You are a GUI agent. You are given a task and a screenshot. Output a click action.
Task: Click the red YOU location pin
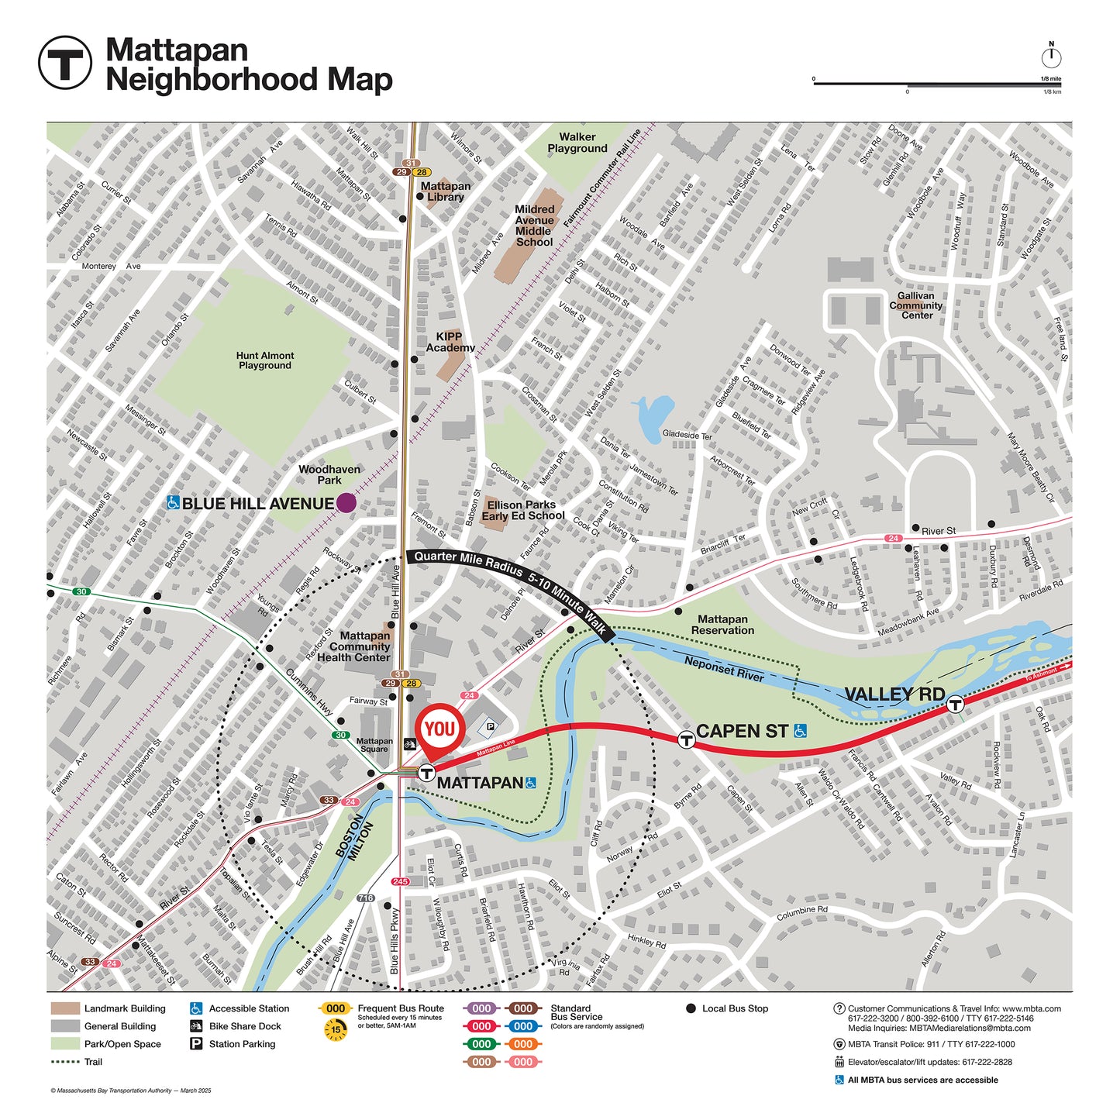coord(439,729)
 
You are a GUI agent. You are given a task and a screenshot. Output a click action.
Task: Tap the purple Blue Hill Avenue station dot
coord(346,503)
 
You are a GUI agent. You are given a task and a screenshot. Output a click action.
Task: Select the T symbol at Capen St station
coord(686,739)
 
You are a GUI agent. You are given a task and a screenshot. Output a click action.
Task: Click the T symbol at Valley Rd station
coord(956,704)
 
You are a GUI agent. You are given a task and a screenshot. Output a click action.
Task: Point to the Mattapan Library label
coord(446,191)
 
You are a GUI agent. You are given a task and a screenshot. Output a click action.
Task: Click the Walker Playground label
coord(577,143)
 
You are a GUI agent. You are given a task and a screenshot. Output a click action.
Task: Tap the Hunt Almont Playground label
coord(265,360)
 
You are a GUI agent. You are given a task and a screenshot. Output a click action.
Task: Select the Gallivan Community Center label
coord(916,305)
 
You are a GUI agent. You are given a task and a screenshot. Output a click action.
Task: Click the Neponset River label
coord(724,669)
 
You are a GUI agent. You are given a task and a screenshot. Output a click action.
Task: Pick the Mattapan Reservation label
coord(722,625)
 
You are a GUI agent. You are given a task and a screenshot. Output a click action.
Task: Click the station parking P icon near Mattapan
coord(490,726)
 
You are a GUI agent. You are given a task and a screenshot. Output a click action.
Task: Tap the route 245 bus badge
coord(400,881)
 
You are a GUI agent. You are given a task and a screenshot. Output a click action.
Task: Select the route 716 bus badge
coord(365,898)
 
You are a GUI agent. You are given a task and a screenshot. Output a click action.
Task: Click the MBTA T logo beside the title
coord(65,63)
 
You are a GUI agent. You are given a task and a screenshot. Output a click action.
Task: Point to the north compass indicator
coord(1051,56)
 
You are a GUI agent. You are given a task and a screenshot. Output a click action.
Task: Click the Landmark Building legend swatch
coord(65,1008)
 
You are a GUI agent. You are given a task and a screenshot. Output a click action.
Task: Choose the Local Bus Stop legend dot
coord(691,1008)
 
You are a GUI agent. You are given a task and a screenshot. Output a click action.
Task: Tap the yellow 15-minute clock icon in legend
coord(336,1029)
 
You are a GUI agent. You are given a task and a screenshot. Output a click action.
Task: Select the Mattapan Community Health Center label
coord(354,646)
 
